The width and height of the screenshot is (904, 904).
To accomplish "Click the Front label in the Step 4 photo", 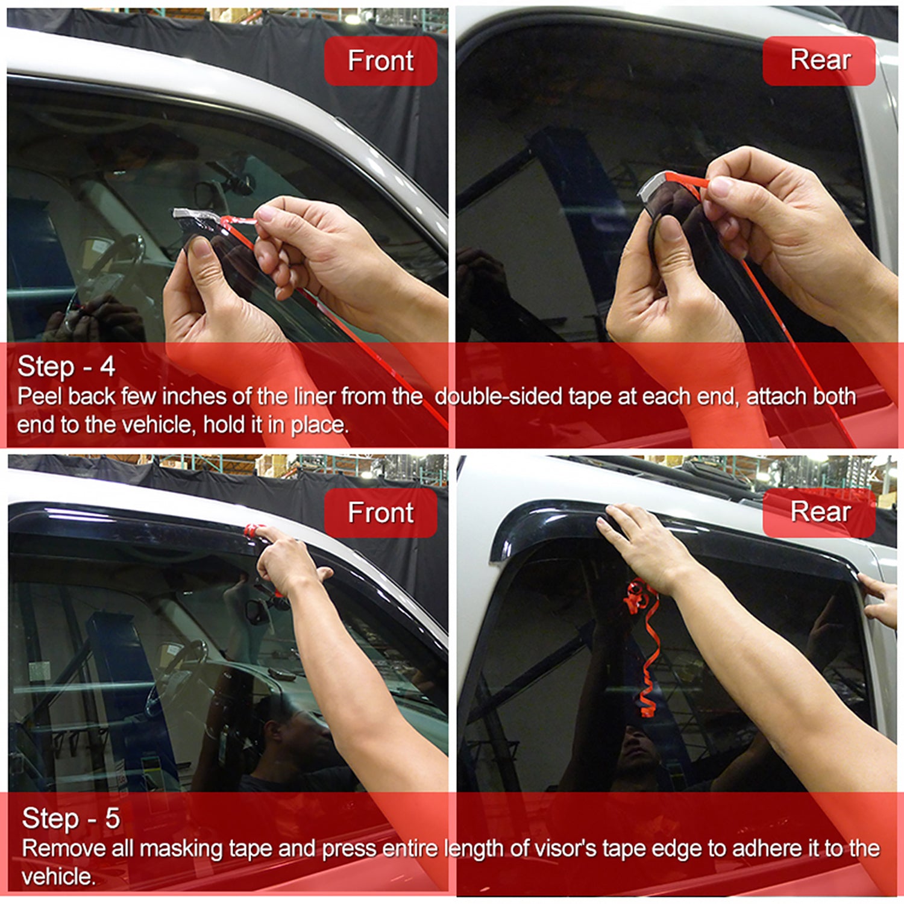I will click(380, 61).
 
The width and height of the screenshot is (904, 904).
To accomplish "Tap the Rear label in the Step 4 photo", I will click(820, 60).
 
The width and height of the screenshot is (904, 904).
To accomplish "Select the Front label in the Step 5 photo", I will click(380, 513).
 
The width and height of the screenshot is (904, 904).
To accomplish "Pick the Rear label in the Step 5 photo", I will click(820, 512).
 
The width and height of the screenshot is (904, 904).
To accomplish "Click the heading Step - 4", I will click(66, 366).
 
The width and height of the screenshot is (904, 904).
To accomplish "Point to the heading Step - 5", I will click(71, 818).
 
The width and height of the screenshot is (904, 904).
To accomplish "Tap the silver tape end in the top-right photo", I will click(654, 184).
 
